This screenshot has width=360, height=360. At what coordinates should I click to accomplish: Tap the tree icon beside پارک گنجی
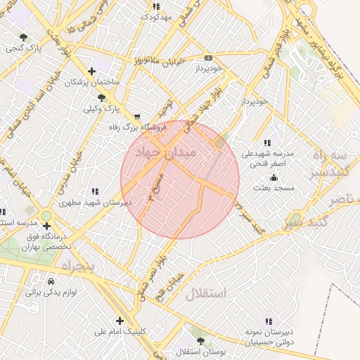[24, 37]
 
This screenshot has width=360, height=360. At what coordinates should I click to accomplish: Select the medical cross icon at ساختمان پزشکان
[91, 71]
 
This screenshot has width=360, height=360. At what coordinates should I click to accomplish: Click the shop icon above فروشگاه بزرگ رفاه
[136, 117]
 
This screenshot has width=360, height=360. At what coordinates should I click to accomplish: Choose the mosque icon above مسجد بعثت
[274, 178]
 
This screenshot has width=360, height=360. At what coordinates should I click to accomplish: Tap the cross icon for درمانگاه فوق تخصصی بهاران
[46, 226]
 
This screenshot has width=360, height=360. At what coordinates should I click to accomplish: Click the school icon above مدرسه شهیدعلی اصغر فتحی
[267, 143]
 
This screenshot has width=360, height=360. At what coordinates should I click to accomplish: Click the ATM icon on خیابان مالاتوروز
[208, 58]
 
